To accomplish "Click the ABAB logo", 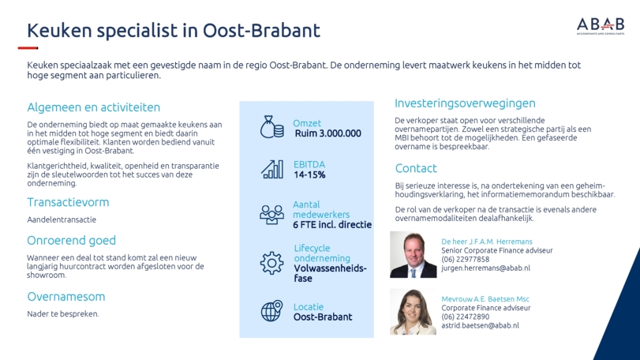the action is tap(601, 26).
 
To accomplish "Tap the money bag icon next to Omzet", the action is tap(271, 127).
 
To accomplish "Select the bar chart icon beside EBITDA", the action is tap(271, 169).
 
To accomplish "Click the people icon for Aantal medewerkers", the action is tap(271, 214).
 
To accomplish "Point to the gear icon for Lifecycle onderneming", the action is tap(271, 263).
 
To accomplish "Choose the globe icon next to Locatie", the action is tap(271, 311).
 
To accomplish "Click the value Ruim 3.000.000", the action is tap(327, 133).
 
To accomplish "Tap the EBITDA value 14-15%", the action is tap(309, 174).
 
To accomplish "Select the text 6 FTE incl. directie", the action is tap(332, 224).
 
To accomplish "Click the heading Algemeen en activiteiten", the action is tap(93, 107).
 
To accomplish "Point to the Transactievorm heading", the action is tap(68, 202).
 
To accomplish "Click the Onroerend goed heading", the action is tap(72, 241).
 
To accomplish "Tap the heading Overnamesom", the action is tap(66, 296).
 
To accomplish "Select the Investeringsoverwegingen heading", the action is tap(465, 103).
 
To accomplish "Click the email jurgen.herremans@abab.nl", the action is tap(485, 268).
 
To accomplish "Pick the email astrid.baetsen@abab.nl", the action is tap(480, 326).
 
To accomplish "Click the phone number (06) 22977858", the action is tap(466, 259).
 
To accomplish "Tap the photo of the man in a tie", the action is tap(413, 255).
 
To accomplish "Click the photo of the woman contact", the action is tap(413, 312).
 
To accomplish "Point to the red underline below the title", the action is tap(28, 48).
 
